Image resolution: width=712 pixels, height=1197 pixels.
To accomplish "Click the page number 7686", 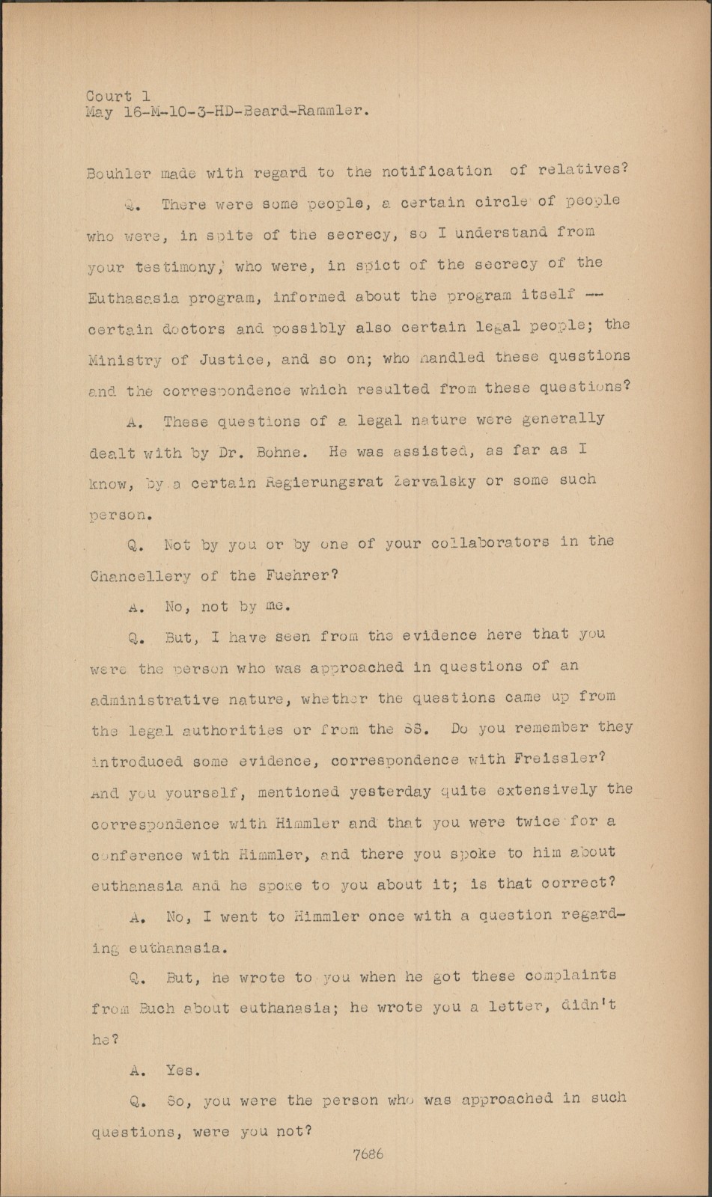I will pyautogui.click(x=368, y=1154).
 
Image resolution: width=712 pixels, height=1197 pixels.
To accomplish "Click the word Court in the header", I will pyautogui.click(x=109, y=97).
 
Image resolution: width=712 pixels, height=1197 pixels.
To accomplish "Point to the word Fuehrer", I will pyautogui.click(x=297, y=575).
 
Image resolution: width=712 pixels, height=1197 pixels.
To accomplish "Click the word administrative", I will pyautogui.click(x=154, y=700).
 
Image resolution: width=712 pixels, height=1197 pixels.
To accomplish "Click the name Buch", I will pyautogui.click(x=156, y=1008).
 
